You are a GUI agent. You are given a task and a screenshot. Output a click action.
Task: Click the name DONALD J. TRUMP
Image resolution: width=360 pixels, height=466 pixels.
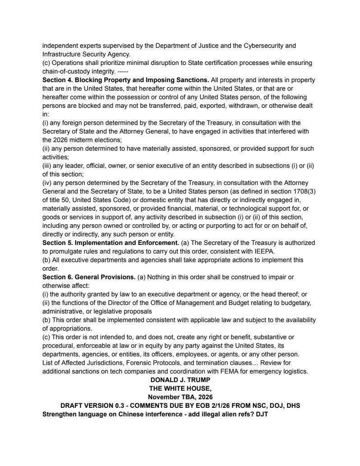(180, 380)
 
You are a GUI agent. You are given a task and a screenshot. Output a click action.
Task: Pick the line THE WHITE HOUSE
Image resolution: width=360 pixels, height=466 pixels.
(180, 388)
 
